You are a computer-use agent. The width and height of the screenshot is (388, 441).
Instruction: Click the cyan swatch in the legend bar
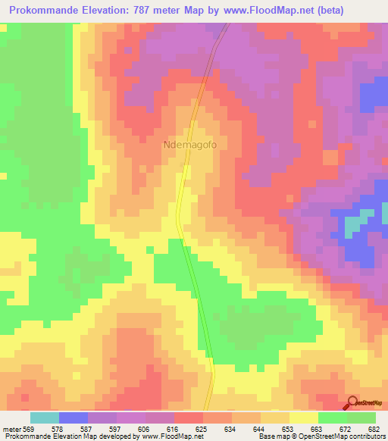(x=45, y=418)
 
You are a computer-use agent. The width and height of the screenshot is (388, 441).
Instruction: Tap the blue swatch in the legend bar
(x=74, y=418)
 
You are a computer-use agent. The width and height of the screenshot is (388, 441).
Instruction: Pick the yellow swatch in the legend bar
(x=304, y=418)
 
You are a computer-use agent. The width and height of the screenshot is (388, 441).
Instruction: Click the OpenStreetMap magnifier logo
(x=352, y=402)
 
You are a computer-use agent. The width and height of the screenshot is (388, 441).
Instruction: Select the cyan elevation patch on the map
(x=352, y=225)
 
